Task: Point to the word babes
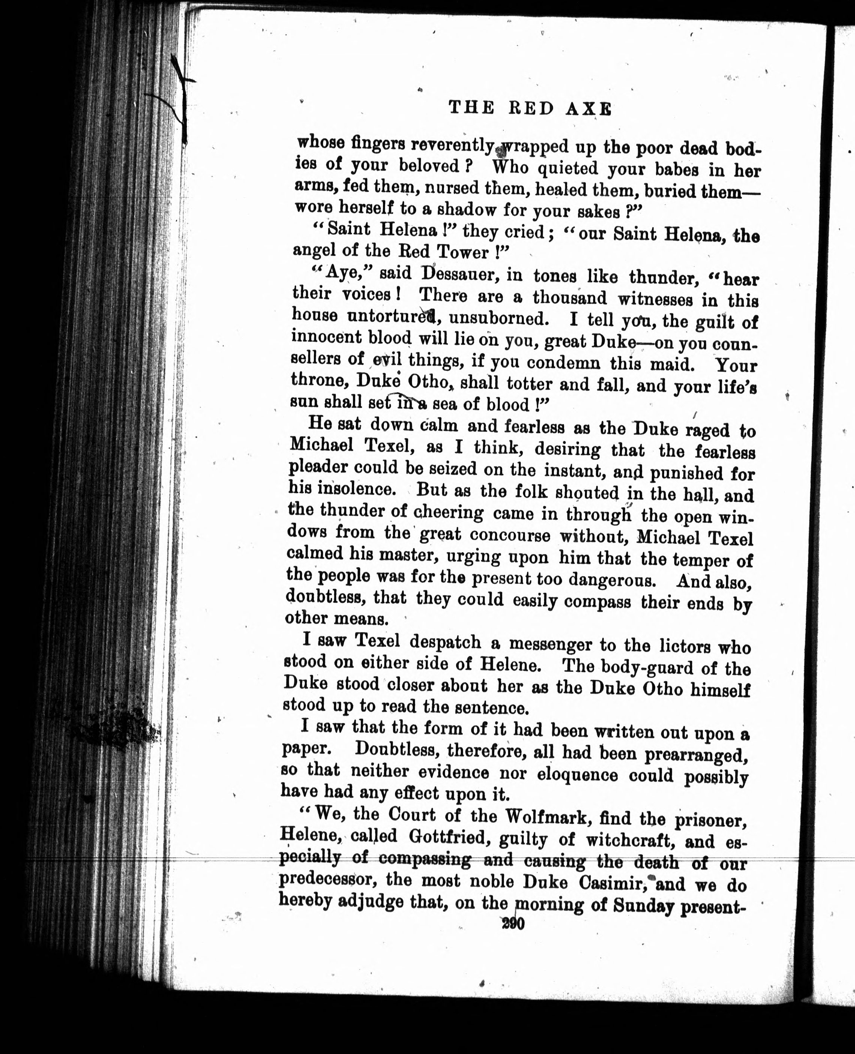click(678, 169)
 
